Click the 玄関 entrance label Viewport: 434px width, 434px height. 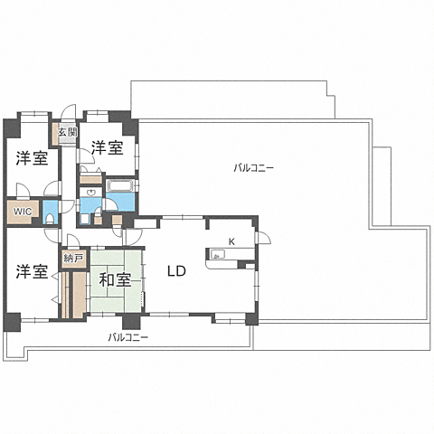coord(68,132)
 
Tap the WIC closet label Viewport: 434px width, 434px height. coord(23,212)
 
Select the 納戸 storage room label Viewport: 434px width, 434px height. coord(73,259)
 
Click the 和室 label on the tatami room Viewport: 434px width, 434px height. coord(115,280)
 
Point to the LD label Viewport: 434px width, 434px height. coord(176,271)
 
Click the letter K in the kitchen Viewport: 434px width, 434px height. coord(231,241)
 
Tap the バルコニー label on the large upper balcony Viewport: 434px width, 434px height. coord(254,168)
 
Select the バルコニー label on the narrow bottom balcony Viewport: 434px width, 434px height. coord(128,337)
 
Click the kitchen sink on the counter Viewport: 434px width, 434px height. coord(217,255)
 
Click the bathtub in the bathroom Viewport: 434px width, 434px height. coord(120,185)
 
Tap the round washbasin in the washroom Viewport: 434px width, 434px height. coord(90,192)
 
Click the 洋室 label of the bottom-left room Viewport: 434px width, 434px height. coord(33,271)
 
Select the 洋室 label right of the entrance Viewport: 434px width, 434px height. coord(108,148)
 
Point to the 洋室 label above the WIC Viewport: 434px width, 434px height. coord(33,158)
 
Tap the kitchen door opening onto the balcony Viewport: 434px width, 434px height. coord(263,237)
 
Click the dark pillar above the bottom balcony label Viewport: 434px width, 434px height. coord(131,321)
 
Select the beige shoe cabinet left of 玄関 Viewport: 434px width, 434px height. coord(55,134)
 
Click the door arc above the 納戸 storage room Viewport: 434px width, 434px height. coord(72,241)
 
